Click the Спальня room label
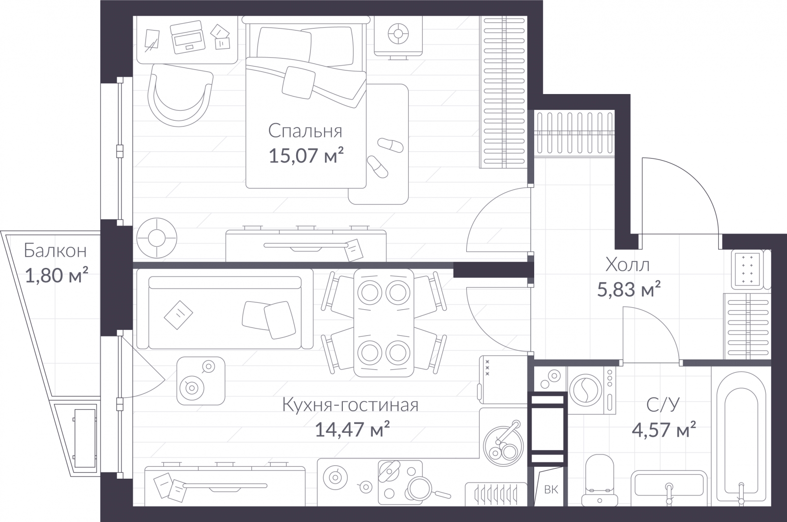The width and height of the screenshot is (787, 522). pos(305,131)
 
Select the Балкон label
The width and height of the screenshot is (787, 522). pos(55,251)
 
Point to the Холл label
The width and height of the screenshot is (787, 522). pos(627,265)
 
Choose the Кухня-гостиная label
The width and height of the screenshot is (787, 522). pos(350,405)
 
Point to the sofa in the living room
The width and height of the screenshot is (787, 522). pos(225,313)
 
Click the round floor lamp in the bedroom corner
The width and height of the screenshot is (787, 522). pos(157,238)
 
